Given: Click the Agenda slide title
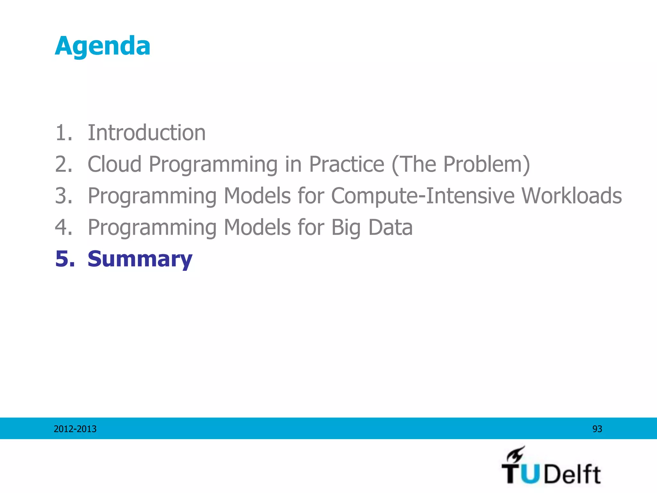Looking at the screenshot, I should click(x=102, y=46).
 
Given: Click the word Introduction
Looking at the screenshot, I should click(x=147, y=133).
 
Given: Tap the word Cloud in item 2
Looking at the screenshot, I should click(x=115, y=164).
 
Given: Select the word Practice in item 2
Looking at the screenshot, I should click(x=346, y=164).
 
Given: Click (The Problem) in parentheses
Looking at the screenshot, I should click(x=461, y=164).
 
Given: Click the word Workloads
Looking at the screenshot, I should click(x=572, y=195).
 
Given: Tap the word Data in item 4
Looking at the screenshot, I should click(x=390, y=227).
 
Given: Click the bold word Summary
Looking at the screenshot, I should click(x=140, y=259).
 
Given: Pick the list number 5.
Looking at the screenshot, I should click(x=64, y=259).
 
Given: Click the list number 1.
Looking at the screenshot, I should click(x=64, y=133).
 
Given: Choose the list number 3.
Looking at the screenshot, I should click(x=64, y=195).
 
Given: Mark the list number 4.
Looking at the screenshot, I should click(x=64, y=227).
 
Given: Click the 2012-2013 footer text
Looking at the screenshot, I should click(x=75, y=429).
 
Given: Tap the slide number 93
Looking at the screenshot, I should click(x=597, y=429).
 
